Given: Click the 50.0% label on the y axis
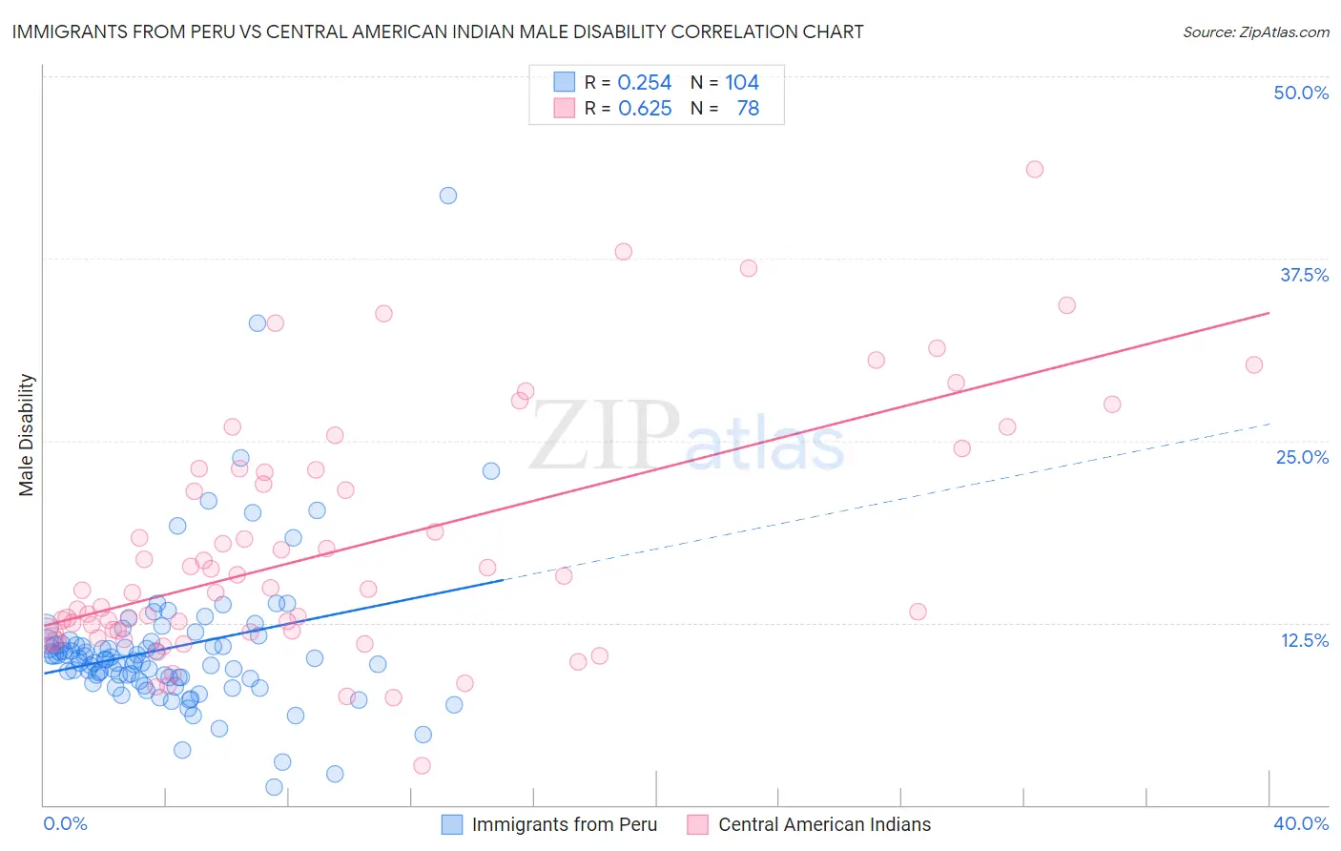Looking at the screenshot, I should [x=1301, y=93].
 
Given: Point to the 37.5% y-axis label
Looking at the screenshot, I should [x=1304, y=275].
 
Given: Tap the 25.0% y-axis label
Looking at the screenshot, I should [x=1302, y=457].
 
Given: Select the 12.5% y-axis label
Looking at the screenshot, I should [x=1304, y=640].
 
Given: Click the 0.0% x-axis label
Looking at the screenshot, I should [x=65, y=823].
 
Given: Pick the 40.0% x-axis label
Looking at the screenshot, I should [x=1301, y=823].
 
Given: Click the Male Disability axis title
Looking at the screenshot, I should [x=26, y=434].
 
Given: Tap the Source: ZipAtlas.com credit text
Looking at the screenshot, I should [x=1255, y=31].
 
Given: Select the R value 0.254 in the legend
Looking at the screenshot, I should [x=645, y=83].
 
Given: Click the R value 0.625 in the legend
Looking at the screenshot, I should [x=645, y=109].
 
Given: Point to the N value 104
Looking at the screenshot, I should [x=741, y=83].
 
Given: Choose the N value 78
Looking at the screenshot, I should [x=748, y=109].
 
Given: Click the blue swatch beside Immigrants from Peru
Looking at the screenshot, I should [x=452, y=824].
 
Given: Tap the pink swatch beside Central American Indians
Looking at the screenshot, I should [x=698, y=824].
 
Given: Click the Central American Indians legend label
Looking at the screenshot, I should [x=824, y=824].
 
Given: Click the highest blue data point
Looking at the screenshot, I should [x=447, y=196].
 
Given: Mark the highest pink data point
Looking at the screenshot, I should [x=1035, y=169].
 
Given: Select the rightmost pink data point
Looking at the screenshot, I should [x=1254, y=364].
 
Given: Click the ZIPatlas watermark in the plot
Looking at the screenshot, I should [x=687, y=436].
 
